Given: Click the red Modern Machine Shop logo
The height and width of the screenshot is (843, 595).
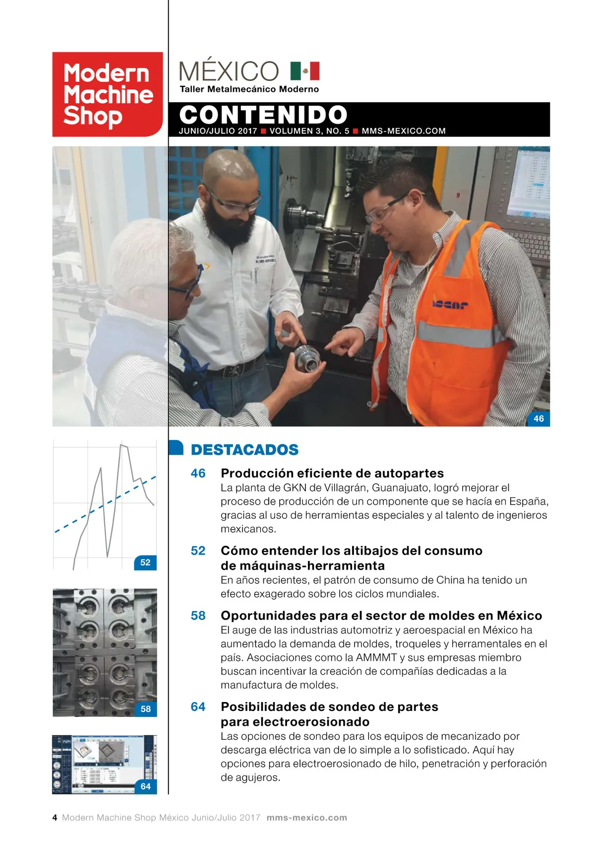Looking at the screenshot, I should click(x=108, y=94).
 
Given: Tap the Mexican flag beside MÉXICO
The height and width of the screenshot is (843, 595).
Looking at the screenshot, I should click(x=305, y=71).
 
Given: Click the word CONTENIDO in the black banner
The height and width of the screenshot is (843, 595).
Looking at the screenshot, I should click(x=263, y=115).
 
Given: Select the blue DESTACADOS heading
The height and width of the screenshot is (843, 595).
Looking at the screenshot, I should click(x=244, y=450).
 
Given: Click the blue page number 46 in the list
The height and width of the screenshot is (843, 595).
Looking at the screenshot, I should click(x=198, y=473).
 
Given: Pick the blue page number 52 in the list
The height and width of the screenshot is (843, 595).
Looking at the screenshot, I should click(x=198, y=551).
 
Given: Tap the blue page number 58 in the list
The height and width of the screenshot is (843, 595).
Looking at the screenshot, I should click(x=198, y=616).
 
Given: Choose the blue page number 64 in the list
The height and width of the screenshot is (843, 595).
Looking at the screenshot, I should click(x=198, y=706).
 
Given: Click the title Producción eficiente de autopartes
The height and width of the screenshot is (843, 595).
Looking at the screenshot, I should click(x=332, y=473).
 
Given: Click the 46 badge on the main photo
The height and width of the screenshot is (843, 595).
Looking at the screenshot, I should click(x=538, y=419).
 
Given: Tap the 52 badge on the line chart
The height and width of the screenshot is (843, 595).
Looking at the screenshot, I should click(x=145, y=562).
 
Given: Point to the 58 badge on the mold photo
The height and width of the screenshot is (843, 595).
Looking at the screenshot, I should click(x=145, y=709).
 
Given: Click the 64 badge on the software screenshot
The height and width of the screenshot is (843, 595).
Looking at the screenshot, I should click(x=145, y=786).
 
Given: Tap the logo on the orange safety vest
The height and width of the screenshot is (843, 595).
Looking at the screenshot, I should click(x=449, y=304).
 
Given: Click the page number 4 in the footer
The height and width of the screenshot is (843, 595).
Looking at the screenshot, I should click(x=55, y=818).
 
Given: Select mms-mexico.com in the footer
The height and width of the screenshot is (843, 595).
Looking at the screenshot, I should click(x=306, y=818).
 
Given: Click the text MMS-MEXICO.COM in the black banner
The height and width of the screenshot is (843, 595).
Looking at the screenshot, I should click(x=404, y=131).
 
